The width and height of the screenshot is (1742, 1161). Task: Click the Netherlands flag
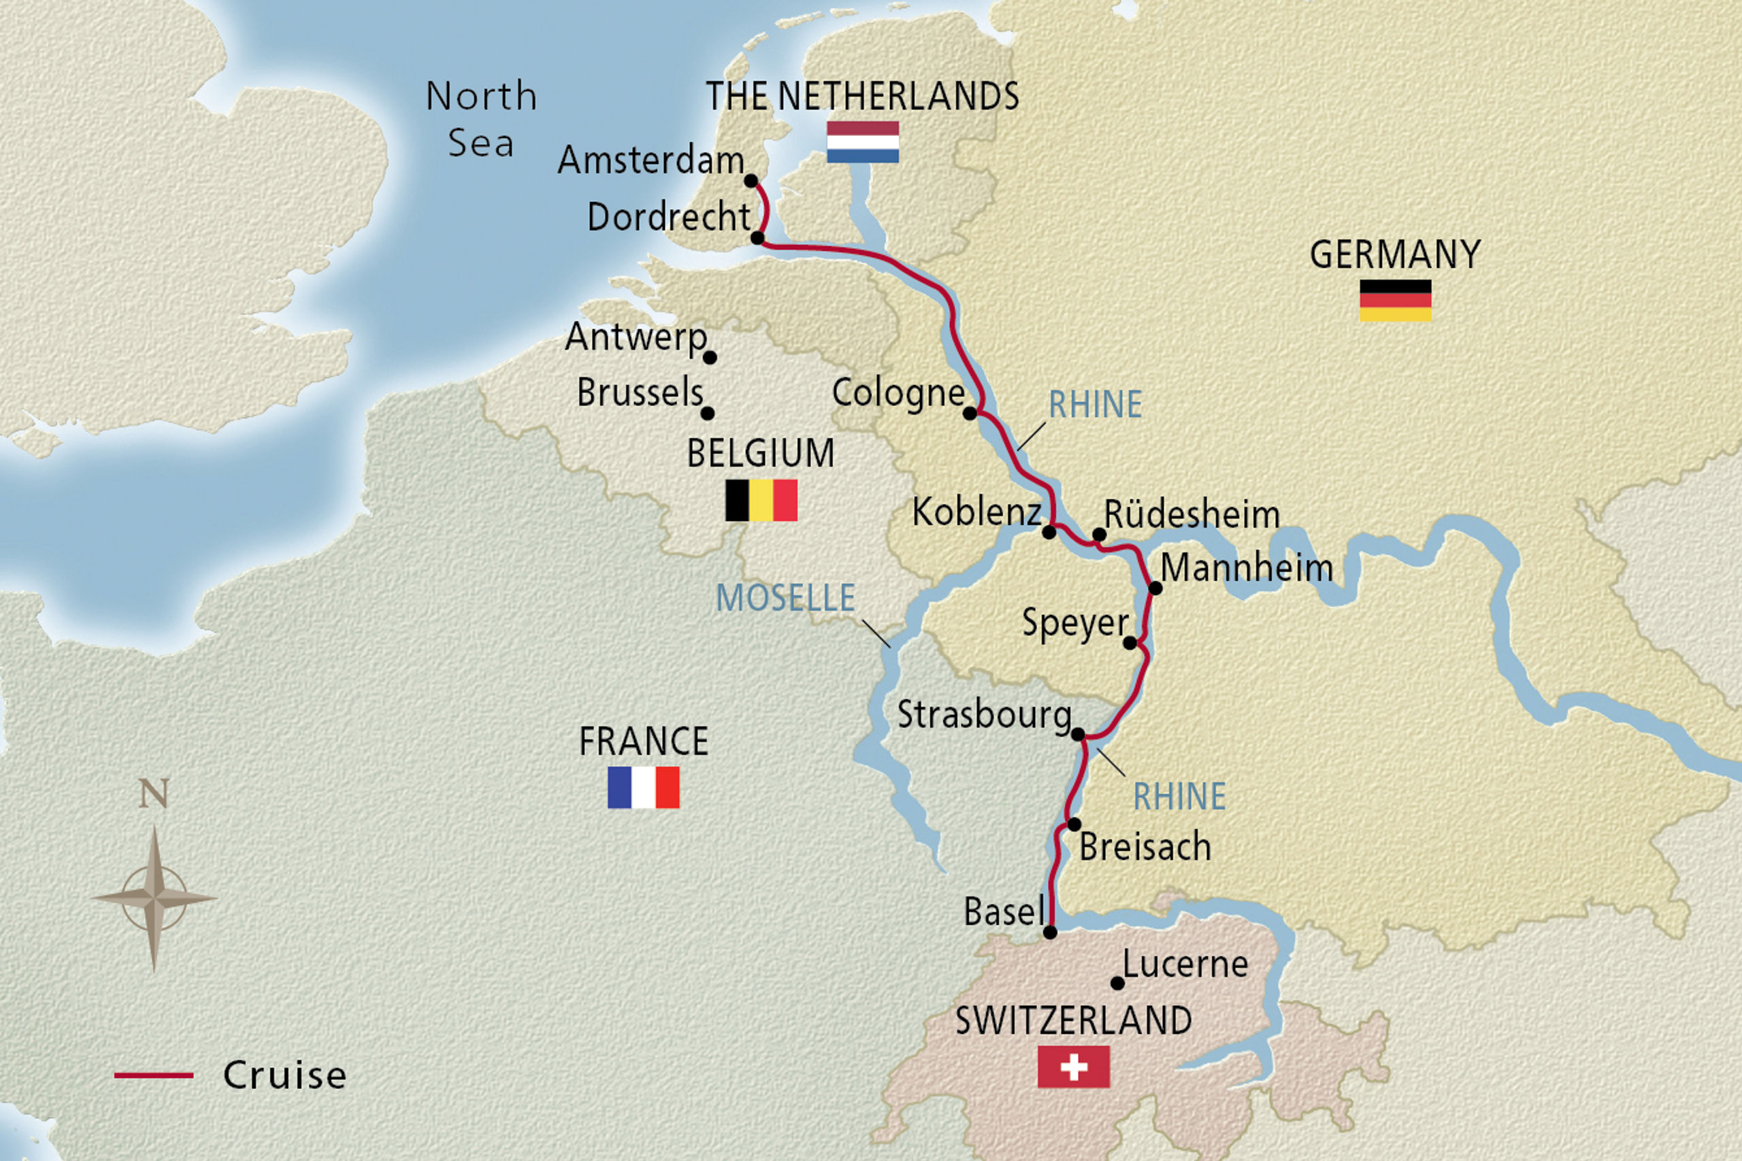click(863, 142)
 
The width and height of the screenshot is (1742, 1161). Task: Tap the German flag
click(1396, 301)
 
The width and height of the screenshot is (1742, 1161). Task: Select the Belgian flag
click(761, 501)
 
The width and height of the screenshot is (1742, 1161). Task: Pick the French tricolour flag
click(643, 787)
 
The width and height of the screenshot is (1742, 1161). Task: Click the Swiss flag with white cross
click(1073, 1067)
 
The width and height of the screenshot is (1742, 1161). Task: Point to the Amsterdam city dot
click(751, 181)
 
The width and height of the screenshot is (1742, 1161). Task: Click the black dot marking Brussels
click(707, 413)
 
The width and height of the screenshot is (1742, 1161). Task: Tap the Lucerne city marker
click(1117, 983)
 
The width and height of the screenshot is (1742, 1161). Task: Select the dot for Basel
click(1050, 933)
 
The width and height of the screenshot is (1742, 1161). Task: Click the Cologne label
click(898, 393)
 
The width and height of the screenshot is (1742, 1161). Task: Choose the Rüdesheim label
click(1192, 515)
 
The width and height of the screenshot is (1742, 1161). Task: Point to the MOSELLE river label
click(785, 599)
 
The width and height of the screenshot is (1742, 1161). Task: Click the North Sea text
click(481, 118)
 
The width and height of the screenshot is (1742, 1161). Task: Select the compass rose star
click(154, 898)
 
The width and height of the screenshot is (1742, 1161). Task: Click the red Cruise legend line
click(153, 1075)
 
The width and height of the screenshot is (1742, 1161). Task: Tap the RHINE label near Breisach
click(1179, 796)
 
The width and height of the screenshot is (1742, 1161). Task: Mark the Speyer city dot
click(1130, 643)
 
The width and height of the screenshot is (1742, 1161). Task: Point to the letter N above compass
click(154, 794)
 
